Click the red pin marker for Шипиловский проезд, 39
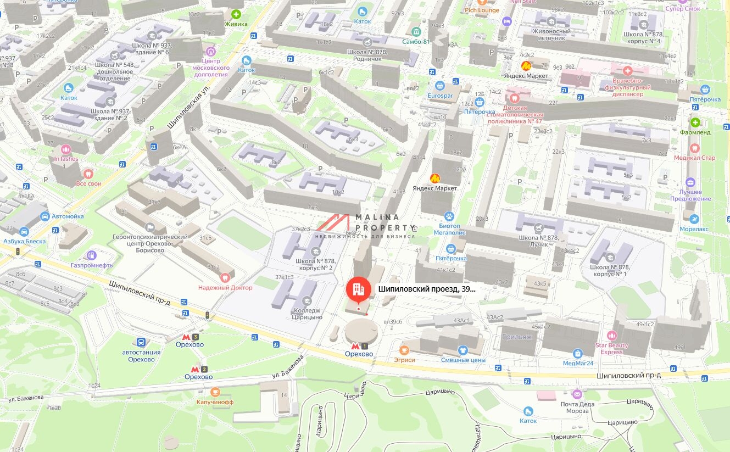click(358, 289)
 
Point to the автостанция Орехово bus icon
click(141, 342)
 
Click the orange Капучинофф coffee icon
click(215, 392)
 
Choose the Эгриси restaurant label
click(404, 360)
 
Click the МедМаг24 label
click(578, 363)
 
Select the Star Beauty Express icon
click(611, 335)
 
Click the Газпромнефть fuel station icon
click(91, 255)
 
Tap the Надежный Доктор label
click(225, 287)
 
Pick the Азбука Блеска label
click(24, 241)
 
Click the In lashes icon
click(66, 149)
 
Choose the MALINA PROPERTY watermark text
click(384, 222)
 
